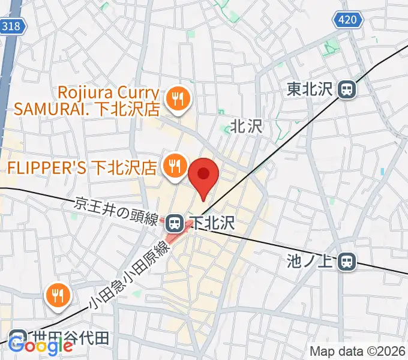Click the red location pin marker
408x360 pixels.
pyautogui.click(x=203, y=175)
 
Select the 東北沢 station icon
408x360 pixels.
pyautogui.click(x=346, y=90)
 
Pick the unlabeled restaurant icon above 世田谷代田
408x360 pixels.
pyautogui.click(x=58, y=295)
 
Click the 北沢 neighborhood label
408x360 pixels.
pyautogui.click(x=247, y=127)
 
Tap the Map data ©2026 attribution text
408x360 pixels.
pyautogui.click(x=358, y=351)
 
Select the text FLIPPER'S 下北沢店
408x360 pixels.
pyautogui.click(x=83, y=165)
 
